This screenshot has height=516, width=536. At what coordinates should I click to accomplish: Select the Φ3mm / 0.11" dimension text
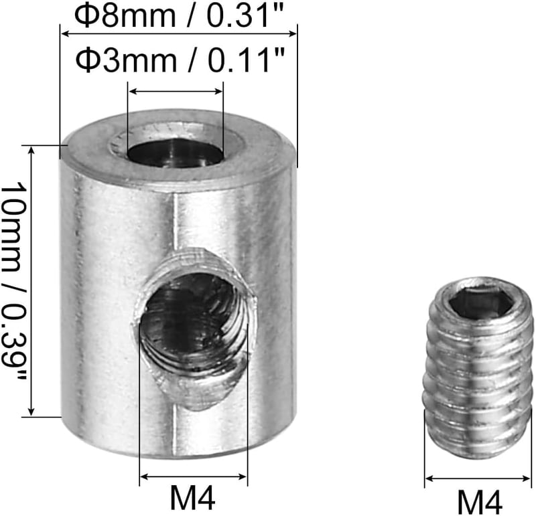tap(180, 60)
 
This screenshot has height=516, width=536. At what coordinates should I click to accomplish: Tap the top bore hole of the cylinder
tap(176, 154)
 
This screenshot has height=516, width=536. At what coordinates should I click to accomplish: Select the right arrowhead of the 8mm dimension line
tap(293, 33)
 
